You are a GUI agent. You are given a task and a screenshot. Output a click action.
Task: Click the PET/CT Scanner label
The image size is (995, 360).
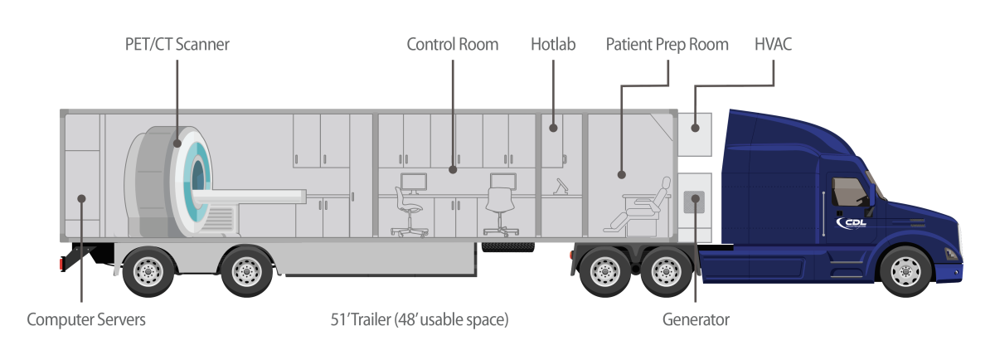(x=171, y=44)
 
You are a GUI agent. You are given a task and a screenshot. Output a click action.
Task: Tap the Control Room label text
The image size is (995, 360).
(x=452, y=44)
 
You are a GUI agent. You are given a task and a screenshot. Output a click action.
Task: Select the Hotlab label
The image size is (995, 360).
(x=553, y=44)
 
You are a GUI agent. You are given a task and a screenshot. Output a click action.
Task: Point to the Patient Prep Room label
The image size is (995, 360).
(x=667, y=44)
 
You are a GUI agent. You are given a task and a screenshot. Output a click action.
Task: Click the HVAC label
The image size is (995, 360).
(x=773, y=44)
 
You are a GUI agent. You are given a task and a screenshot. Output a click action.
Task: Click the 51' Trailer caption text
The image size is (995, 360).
(x=419, y=319)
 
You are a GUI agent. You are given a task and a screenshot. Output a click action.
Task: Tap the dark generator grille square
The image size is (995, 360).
(x=693, y=202)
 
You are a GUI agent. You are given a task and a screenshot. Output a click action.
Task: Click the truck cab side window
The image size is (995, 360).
(x=849, y=192)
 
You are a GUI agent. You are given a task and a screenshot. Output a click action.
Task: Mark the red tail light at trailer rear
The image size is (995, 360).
(x=61, y=264)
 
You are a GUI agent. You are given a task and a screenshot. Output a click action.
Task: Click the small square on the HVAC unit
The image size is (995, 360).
(x=694, y=128)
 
